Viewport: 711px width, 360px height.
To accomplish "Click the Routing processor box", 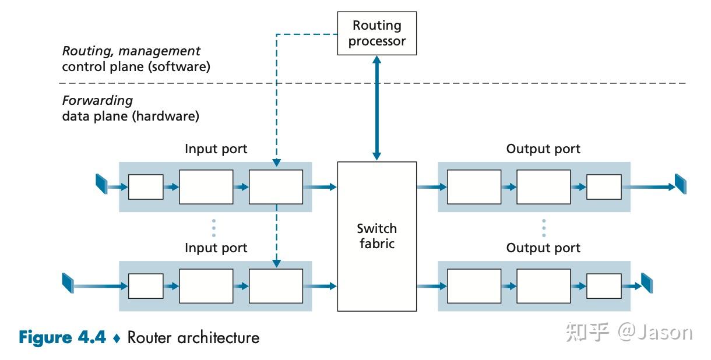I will point(377,34).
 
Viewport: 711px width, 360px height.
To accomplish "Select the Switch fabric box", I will point(377,236).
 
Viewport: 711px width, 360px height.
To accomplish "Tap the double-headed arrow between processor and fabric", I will point(377,108).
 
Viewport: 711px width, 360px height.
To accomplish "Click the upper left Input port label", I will point(216,149).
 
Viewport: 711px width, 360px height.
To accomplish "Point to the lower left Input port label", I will point(216,248).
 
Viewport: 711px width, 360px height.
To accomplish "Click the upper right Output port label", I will point(543,149).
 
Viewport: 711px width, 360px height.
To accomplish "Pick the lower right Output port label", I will point(543,248).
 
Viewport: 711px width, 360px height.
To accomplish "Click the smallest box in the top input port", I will point(146,187).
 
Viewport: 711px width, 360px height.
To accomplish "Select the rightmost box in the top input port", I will point(276,187).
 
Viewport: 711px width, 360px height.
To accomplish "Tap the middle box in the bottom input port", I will point(206,286).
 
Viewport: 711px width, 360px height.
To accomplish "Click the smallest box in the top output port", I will point(604,187).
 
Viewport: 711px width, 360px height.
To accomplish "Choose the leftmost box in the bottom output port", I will point(474,286).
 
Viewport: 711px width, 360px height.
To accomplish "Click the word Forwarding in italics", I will point(97,100).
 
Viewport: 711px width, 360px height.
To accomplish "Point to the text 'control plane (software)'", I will point(136,66).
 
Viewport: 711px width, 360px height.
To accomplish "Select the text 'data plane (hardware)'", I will point(131,116).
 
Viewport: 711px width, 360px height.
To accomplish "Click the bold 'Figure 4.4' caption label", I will point(62,337).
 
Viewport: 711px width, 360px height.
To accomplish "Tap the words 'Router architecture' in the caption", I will point(193,337).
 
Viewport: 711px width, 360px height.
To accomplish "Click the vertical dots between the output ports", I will point(543,228).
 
